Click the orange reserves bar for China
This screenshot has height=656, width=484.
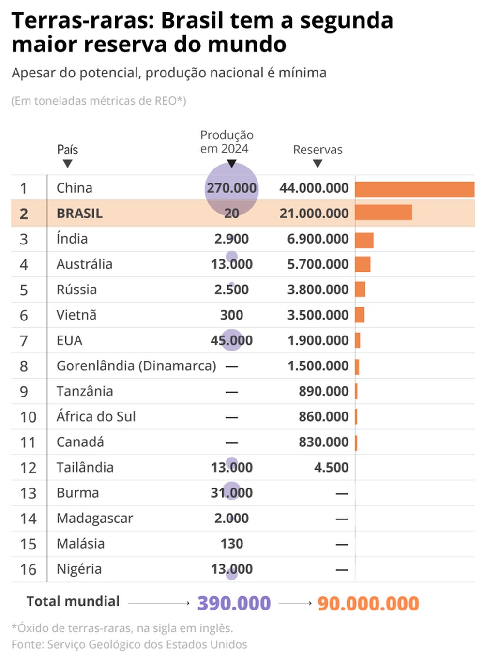point(414,189)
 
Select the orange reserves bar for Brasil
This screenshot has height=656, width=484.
point(383,213)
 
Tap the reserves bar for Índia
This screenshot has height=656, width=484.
point(364,240)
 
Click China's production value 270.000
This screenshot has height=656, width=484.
point(231,188)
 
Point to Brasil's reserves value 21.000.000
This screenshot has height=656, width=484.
point(314,214)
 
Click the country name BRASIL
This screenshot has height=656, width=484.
point(79,214)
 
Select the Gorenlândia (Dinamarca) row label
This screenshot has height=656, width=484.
point(136,366)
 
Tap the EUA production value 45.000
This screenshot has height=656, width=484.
point(231,340)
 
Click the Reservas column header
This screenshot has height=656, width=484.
point(318,150)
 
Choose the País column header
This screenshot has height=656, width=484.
point(67,150)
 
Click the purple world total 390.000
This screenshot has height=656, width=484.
point(234,603)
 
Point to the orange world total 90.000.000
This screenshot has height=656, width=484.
point(368,603)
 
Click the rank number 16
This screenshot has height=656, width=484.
point(28,569)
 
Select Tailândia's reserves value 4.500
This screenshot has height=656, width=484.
point(331,467)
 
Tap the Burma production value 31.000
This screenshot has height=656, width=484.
point(231,493)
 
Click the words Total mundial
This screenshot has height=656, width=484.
point(73,601)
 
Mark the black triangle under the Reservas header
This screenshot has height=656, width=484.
point(318,164)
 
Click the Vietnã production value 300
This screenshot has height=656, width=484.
point(231,315)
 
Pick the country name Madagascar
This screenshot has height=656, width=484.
point(94,518)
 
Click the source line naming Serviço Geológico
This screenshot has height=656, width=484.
point(129,644)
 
